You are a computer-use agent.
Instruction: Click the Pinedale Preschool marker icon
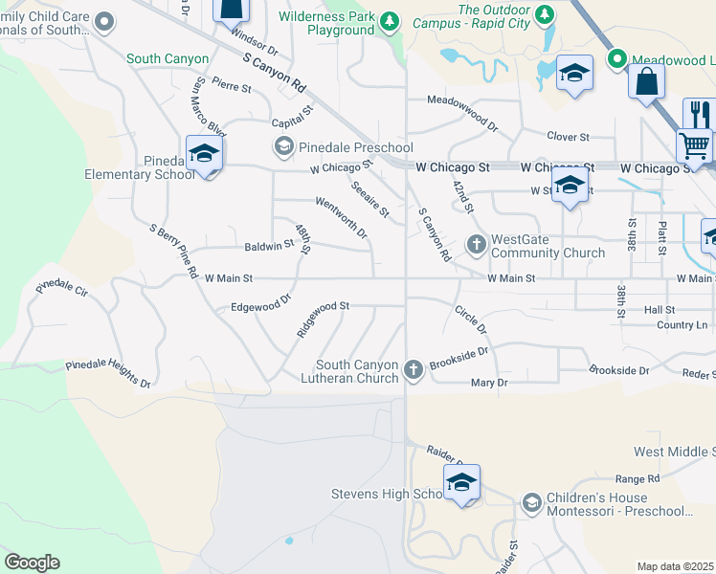pyautogui.click(x=283, y=147)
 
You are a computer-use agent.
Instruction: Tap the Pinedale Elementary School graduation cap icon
pyautogui.click(x=204, y=154)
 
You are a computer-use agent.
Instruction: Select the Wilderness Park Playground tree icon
pyautogui.click(x=389, y=22)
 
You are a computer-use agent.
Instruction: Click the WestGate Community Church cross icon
pyautogui.click(x=477, y=245)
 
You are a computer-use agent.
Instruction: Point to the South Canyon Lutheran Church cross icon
pyautogui.click(x=414, y=369)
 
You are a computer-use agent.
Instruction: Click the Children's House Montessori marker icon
pyautogui.click(x=532, y=502)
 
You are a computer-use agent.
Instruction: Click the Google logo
pyautogui.click(x=32, y=563)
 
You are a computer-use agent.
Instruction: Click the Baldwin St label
pyautogui.click(x=269, y=245)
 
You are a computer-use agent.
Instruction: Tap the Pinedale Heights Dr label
pyautogui.click(x=108, y=374)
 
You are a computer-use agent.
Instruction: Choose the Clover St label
pyautogui.click(x=568, y=137)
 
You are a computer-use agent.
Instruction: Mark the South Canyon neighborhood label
pyautogui.click(x=168, y=59)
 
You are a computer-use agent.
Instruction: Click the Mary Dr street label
pyautogui.click(x=489, y=383)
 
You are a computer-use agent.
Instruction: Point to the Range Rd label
pyautogui.click(x=638, y=478)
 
